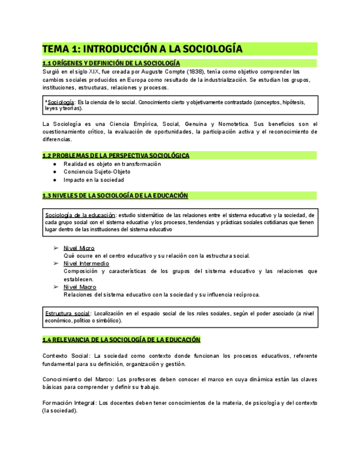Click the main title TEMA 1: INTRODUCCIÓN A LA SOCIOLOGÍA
coord(142,49)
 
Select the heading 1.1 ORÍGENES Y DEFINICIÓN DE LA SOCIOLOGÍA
coord(111,63)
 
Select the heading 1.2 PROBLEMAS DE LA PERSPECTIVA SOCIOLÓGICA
coord(116,156)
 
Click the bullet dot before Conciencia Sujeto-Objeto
coord(54,172)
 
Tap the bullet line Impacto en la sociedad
coord(93,180)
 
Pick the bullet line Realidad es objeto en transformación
coord(112,164)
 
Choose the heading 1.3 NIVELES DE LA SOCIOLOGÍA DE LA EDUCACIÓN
coord(115,196)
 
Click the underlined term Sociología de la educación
coord(80,215)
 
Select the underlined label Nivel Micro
coord(79,248)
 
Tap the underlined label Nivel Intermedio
coord(86,263)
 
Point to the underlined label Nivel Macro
coord(80,287)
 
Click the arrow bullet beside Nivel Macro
coord(56,287)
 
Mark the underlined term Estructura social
coord(68,313)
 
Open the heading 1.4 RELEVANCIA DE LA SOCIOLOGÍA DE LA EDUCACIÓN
coord(121,340)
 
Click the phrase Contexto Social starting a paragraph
coord(65,356)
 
